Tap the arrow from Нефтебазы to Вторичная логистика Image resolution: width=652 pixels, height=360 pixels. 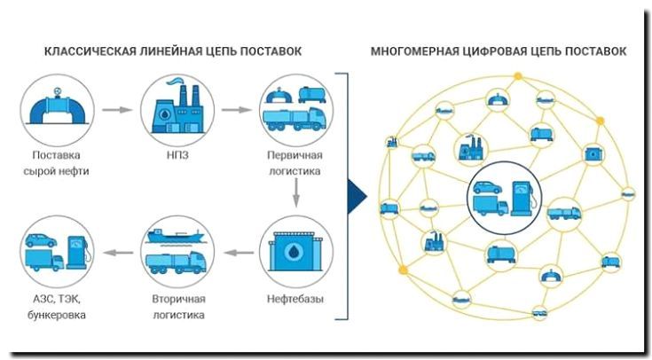(233, 254)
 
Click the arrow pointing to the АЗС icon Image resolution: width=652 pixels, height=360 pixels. (115, 254)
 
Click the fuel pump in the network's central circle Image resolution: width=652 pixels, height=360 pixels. (520, 195)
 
